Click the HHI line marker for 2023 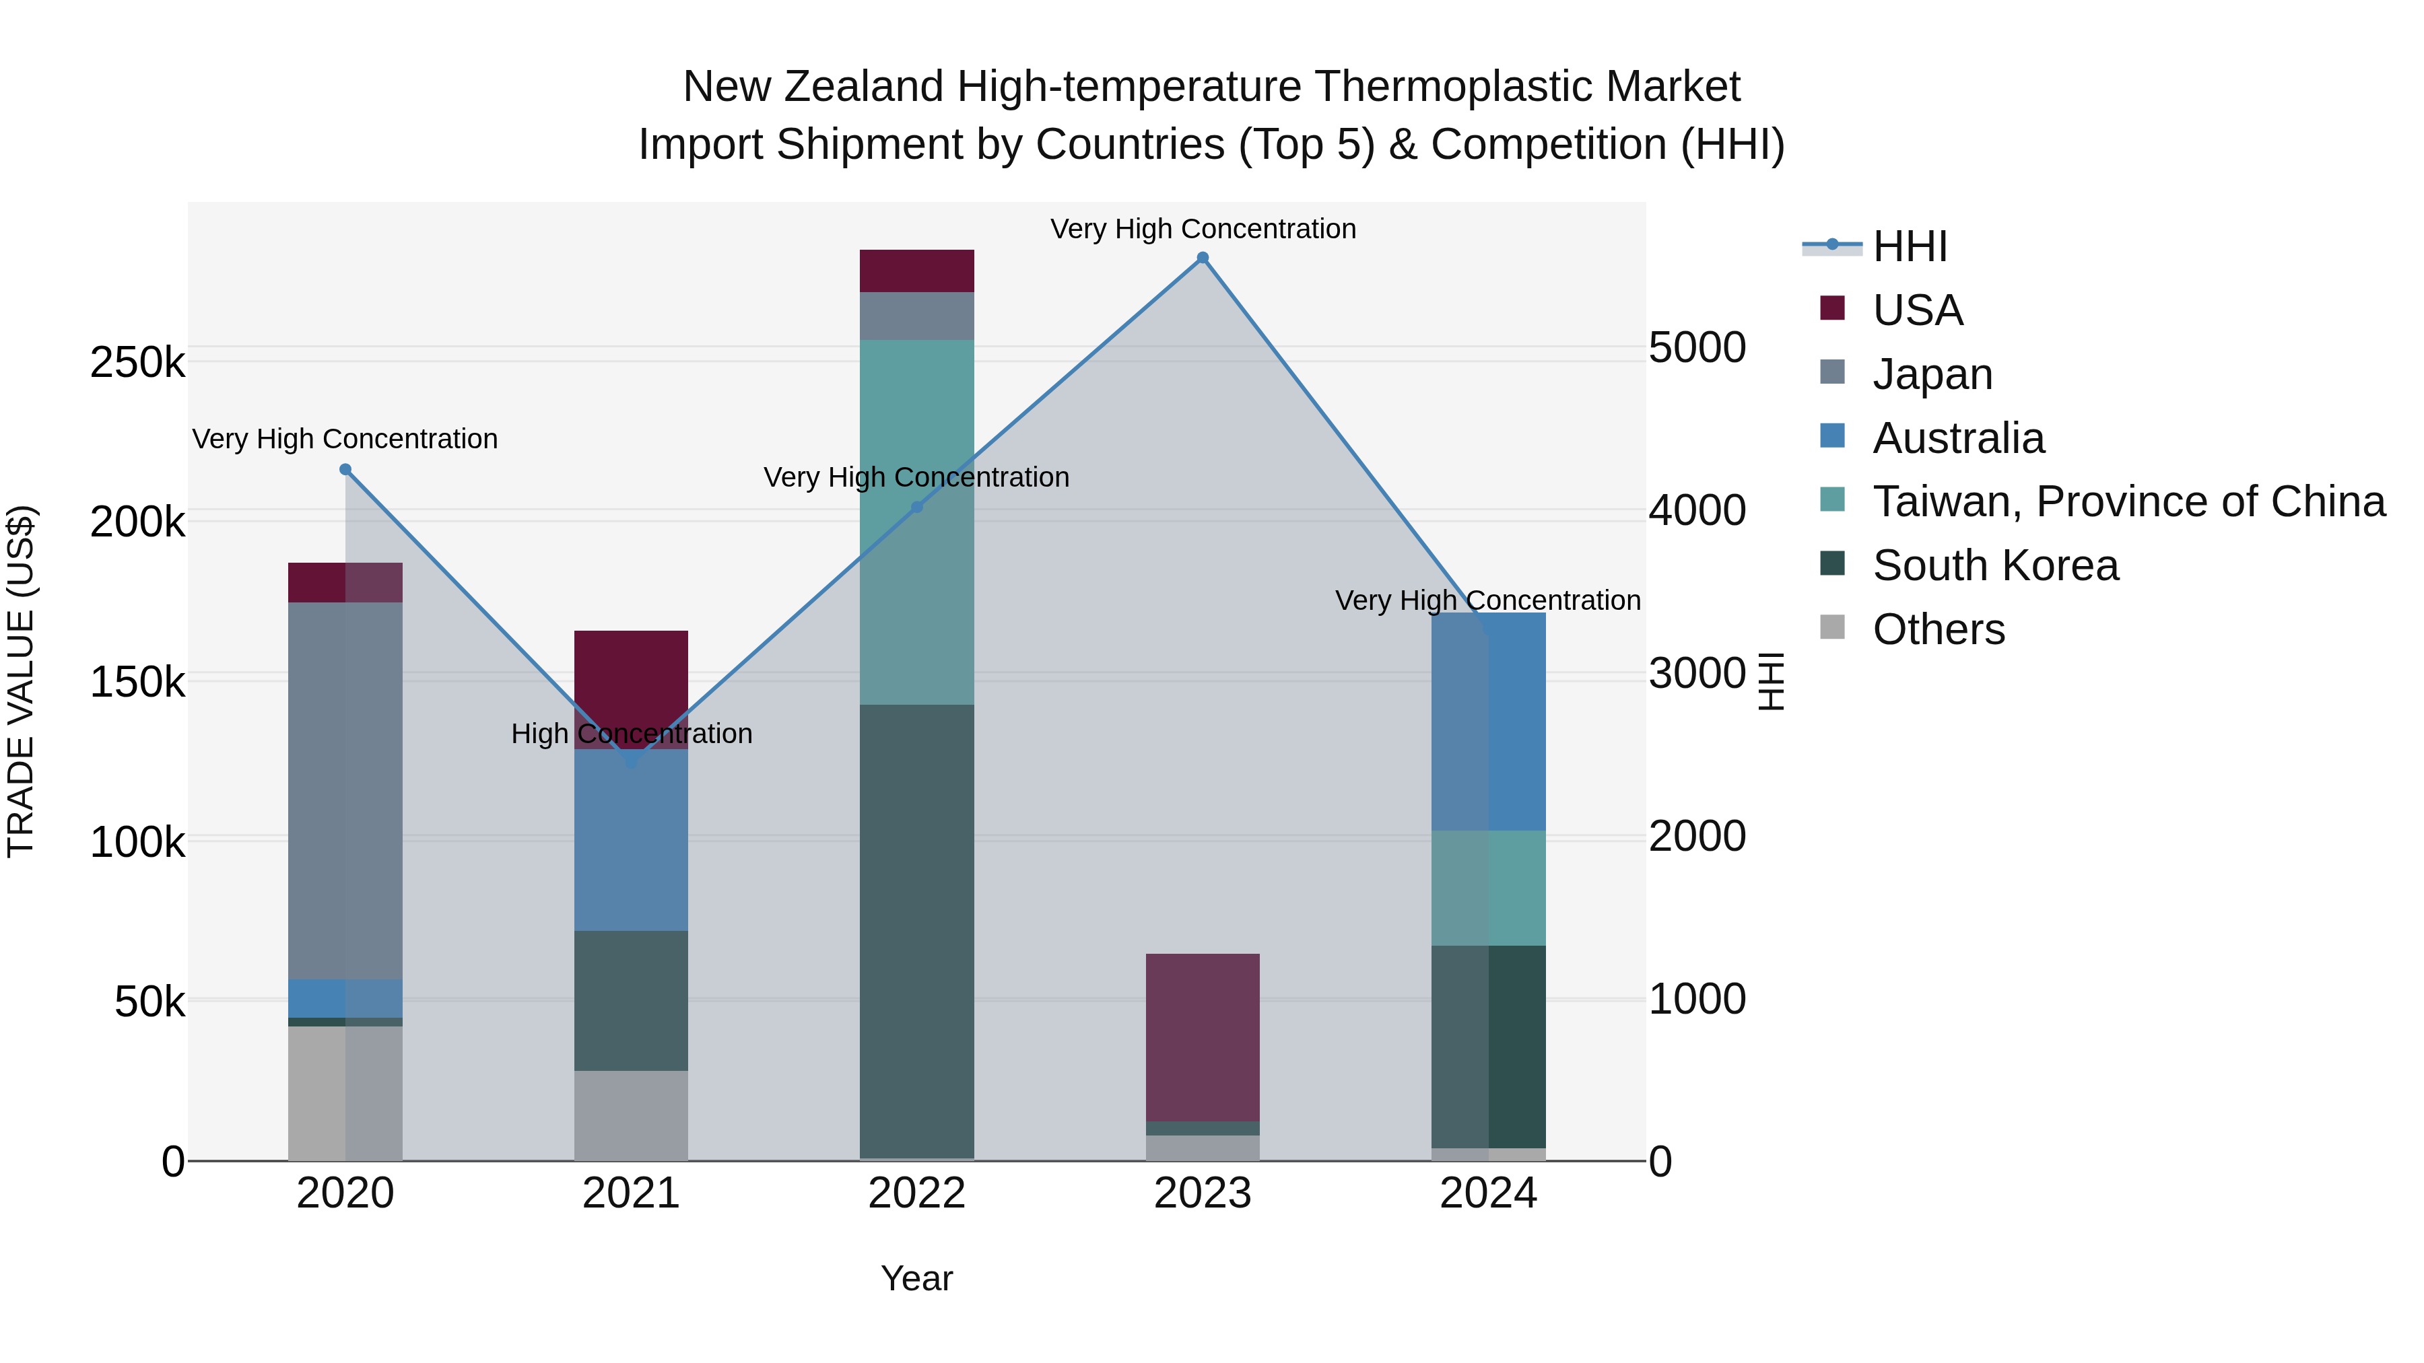click(x=1203, y=258)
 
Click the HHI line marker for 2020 click(x=345, y=469)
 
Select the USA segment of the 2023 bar click(x=1203, y=1037)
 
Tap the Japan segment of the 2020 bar click(x=345, y=790)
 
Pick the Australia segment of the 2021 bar click(x=632, y=839)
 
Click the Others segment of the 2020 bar click(x=345, y=1093)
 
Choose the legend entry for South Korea click(x=1995, y=565)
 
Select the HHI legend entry click(x=1910, y=246)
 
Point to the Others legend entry click(x=1939, y=629)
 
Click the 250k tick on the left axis click(x=137, y=362)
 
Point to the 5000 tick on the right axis click(x=1697, y=347)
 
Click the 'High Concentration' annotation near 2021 click(x=632, y=734)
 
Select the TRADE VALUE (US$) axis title click(x=21, y=681)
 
